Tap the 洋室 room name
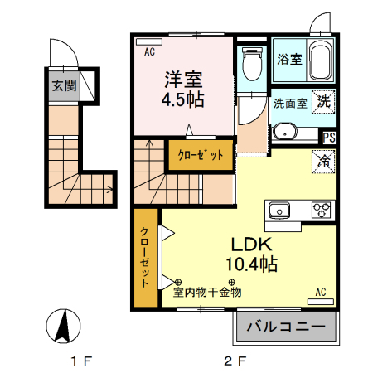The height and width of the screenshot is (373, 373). point(182,80)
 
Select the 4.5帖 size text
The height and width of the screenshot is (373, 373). point(182,99)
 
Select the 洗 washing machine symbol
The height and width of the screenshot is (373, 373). point(323,101)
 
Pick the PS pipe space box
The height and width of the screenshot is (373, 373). point(329,138)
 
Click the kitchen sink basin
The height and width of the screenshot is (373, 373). point(277,210)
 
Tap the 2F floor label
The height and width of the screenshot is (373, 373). point(235,361)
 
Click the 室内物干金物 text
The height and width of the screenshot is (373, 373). point(207,292)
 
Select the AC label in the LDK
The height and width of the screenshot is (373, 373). point(321,292)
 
